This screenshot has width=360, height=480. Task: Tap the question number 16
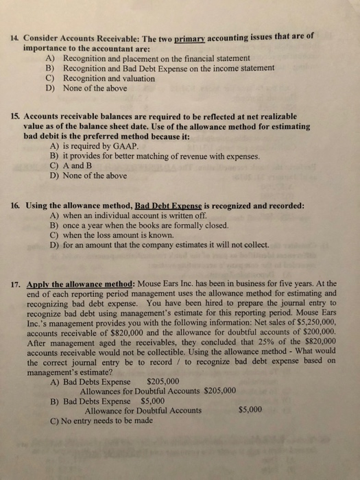coord(14,205)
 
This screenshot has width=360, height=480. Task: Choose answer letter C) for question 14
coord(51,78)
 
